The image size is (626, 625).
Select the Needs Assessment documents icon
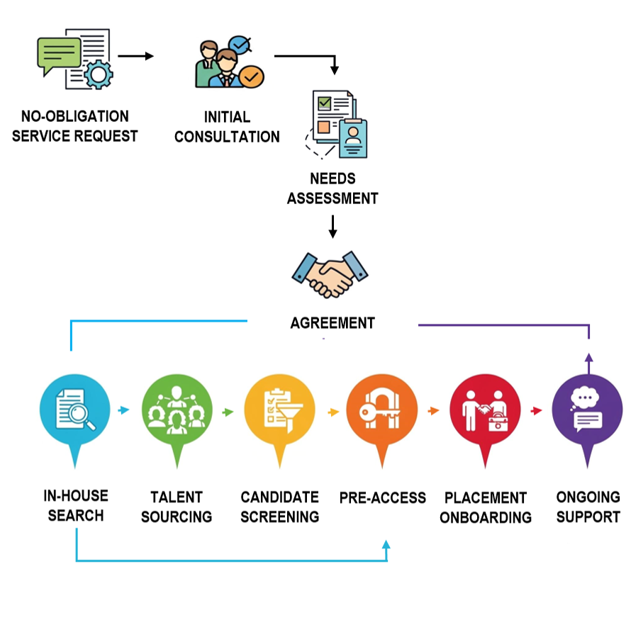click(x=336, y=123)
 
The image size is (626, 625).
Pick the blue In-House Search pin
click(x=74, y=411)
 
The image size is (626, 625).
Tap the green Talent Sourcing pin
click(x=177, y=411)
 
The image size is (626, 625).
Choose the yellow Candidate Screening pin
click(x=279, y=411)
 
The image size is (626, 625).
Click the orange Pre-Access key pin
click(x=382, y=411)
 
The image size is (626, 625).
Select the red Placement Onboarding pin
click(x=485, y=411)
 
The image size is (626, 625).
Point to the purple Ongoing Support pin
click(x=587, y=411)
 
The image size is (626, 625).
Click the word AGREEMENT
click(x=332, y=323)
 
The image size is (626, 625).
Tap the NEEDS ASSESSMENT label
click(x=332, y=188)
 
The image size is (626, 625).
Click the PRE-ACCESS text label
click(x=382, y=497)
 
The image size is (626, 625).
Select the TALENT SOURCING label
click(x=177, y=507)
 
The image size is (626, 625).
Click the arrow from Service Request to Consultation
click(x=136, y=56)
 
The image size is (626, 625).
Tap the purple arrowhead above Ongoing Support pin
click(x=588, y=359)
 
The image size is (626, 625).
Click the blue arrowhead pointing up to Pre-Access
click(x=386, y=544)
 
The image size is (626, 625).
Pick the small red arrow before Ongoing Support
click(x=537, y=410)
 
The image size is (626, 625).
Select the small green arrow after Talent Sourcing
click(x=228, y=411)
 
